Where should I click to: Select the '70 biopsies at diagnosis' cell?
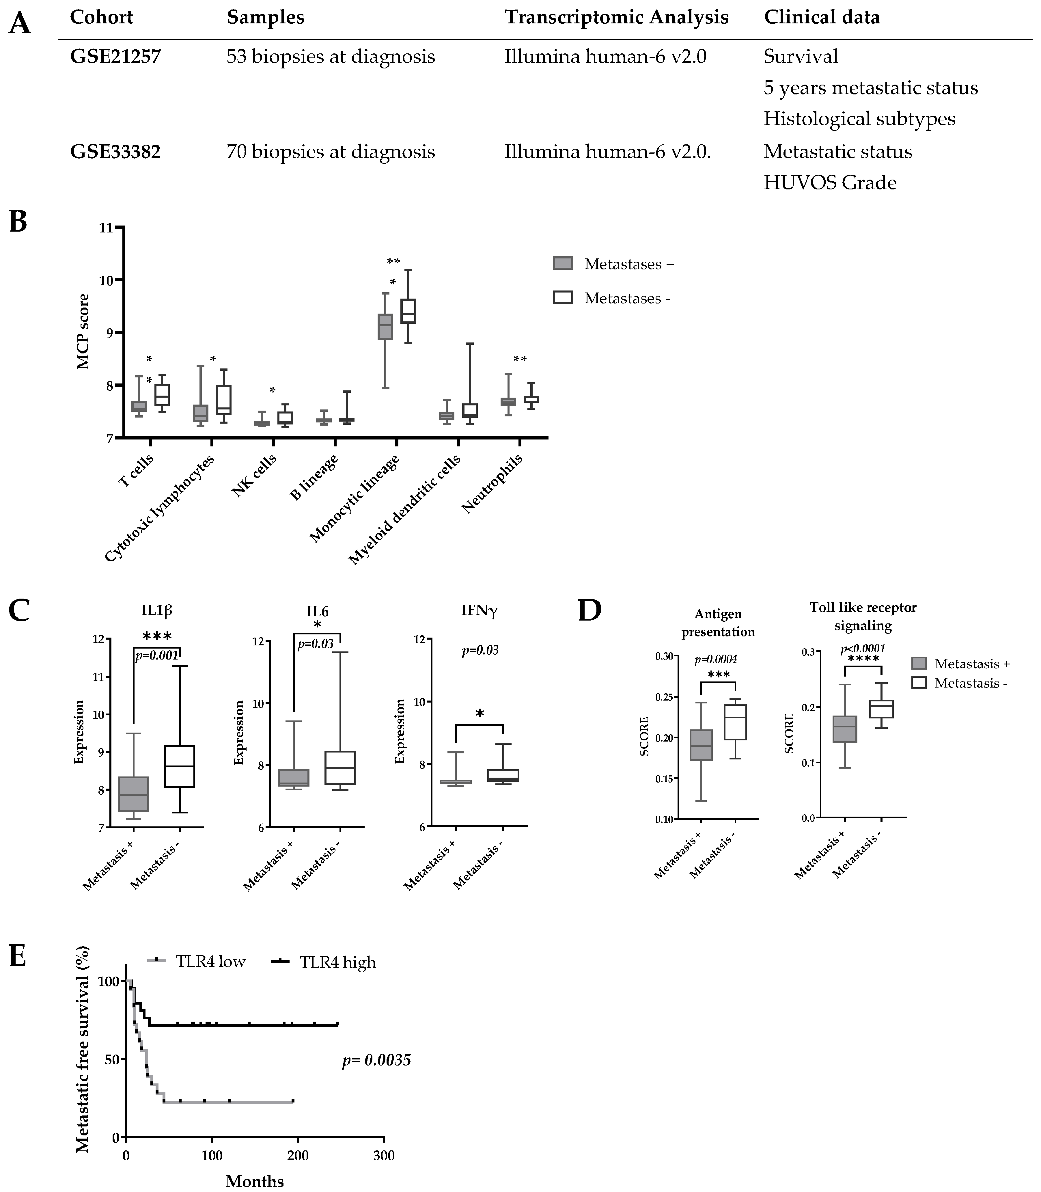point(331,152)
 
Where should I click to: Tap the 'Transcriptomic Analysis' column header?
point(616,17)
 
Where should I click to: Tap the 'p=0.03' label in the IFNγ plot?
point(480,650)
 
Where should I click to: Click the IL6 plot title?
point(317,611)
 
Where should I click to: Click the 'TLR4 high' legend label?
point(337,962)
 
